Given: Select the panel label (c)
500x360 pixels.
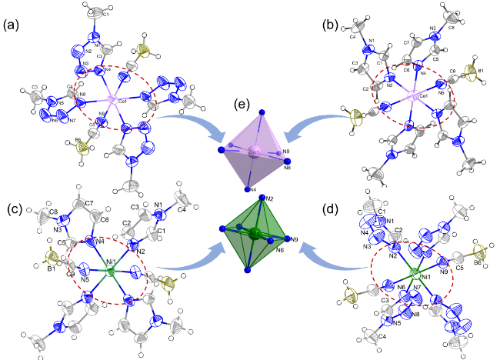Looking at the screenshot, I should tap(14, 206).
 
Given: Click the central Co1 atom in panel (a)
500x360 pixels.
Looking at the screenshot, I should tap(112, 99).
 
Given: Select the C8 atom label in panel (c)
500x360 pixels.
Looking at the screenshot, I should tap(53, 211).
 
